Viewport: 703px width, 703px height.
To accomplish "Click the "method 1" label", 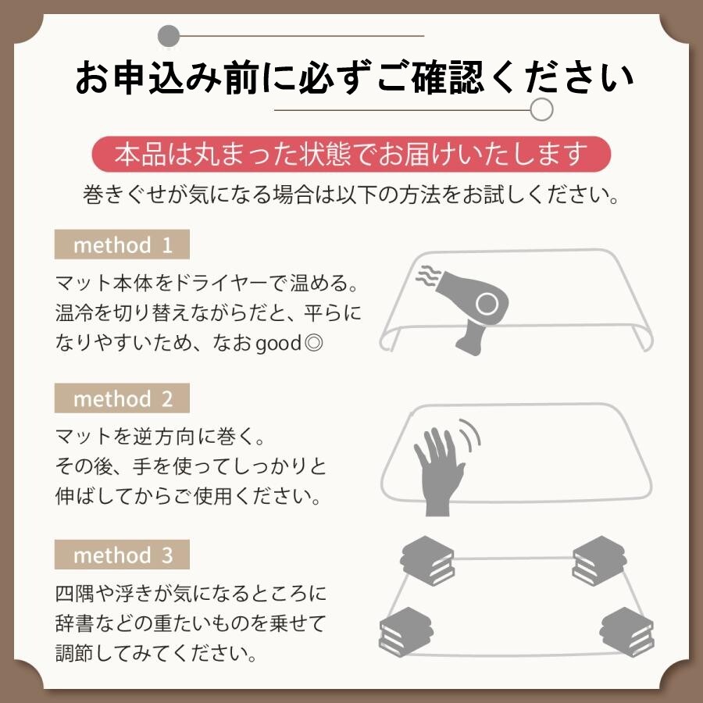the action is tap(122, 244).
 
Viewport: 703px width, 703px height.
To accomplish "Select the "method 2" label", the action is tap(122, 398).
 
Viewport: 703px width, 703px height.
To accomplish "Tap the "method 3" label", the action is tap(122, 555).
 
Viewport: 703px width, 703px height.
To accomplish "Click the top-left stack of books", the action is tap(427, 560).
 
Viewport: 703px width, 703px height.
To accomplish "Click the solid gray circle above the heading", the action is tap(169, 36).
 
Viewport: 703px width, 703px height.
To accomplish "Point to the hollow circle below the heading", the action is tap(541, 110).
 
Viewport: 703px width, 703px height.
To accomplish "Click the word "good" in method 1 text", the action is tap(278, 344).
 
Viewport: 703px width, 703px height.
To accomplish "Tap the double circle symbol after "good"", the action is tap(313, 343).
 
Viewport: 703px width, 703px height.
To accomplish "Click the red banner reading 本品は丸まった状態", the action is tap(351, 154).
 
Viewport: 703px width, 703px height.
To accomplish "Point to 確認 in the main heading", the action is tap(449, 77).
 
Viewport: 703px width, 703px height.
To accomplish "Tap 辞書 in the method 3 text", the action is tap(74, 623).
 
